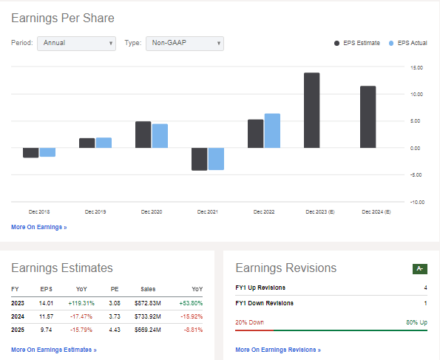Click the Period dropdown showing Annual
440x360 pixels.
tap(76, 43)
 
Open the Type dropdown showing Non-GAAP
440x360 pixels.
tap(184, 43)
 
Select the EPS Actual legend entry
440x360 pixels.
tap(409, 43)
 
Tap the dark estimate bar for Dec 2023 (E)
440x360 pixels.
tap(311, 110)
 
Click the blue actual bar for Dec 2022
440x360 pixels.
tap(272, 131)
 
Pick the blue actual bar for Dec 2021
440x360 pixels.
tap(216, 159)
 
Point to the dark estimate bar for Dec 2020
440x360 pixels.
tap(143, 135)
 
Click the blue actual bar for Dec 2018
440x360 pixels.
tap(47, 152)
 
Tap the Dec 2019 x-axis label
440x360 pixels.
tap(95, 212)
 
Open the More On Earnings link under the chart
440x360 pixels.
tap(38, 227)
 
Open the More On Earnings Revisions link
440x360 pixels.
tap(277, 349)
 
